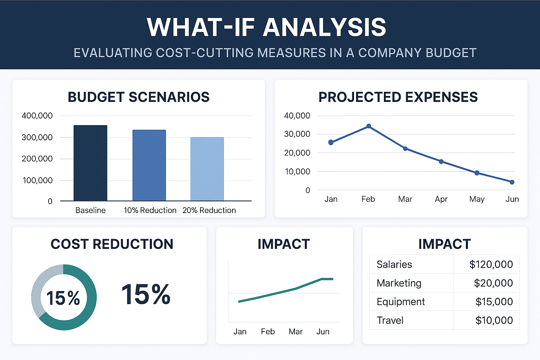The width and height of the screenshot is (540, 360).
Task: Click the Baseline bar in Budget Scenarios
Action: pyautogui.click(x=90, y=163)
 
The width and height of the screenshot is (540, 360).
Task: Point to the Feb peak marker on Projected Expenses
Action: pyautogui.click(x=368, y=126)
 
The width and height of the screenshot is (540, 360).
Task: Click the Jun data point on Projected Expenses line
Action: pyautogui.click(x=512, y=182)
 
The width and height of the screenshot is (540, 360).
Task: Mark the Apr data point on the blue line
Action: pyautogui.click(x=441, y=162)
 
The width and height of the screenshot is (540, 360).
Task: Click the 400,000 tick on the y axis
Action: pyautogui.click(x=37, y=116)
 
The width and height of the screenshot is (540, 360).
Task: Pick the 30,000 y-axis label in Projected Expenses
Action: pyautogui.click(x=297, y=134)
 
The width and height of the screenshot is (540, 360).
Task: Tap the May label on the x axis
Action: pyautogui.click(x=477, y=199)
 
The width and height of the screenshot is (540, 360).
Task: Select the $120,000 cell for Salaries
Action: pyautogui.click(x=491, y=264)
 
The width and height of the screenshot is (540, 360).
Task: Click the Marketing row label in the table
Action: pyautogui.click(x=399, y=283)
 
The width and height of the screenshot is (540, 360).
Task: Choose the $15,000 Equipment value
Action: pyautogui.click(x=494, y=302)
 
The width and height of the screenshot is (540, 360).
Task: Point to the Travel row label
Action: pyautogui.click(x=390, y=320)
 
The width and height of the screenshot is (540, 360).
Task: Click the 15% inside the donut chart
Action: pyautogui.click(x=63, y=298)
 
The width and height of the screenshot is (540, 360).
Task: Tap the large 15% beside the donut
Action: pyautogui.click(x=146, y=295)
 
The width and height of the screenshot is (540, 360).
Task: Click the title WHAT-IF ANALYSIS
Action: pyautogui.click(x=266, y=27)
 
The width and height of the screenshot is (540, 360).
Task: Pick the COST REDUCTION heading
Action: pyautogui.click(x=112, y=244)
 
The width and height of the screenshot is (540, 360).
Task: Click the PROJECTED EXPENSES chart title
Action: pyautogui.click(x=398, y=97)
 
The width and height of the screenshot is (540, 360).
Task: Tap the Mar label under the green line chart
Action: pyautogui.click(x=295, y=332)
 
